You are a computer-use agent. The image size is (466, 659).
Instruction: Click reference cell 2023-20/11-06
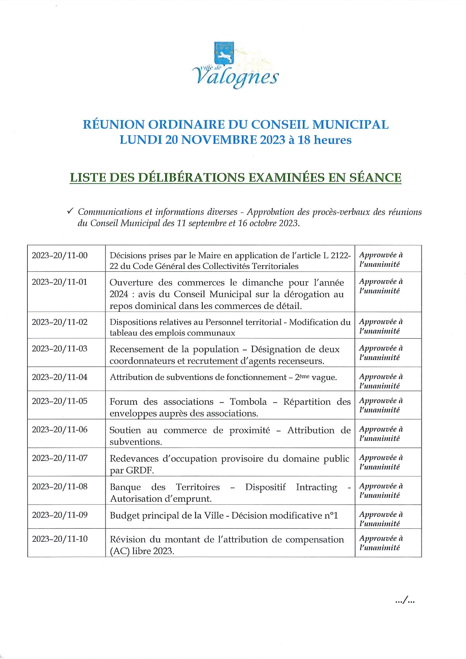60,429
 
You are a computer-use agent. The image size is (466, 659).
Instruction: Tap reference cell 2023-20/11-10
60,539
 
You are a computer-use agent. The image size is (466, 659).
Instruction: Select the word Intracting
316,487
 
